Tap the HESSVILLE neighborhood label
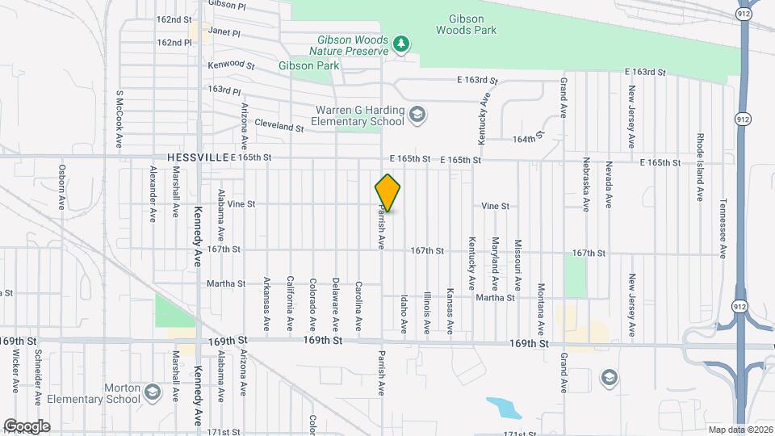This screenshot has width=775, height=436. [x=199, y=159]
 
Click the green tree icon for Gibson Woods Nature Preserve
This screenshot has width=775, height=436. [x=400, y=42]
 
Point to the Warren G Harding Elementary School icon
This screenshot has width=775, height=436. [x=417, y=114]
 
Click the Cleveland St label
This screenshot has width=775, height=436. [x=279, y=128]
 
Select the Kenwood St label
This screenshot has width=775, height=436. [x=231, y=65]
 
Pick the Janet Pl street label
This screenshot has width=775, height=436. [x=224, y=34]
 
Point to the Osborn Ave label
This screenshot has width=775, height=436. [x=61, y=187]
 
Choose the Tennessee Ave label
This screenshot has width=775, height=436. [x=723, y=228]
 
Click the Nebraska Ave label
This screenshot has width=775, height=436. [x=586, y=189]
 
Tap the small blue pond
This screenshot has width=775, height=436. [x=505, y=407]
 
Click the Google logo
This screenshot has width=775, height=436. [x=27, y=426]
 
